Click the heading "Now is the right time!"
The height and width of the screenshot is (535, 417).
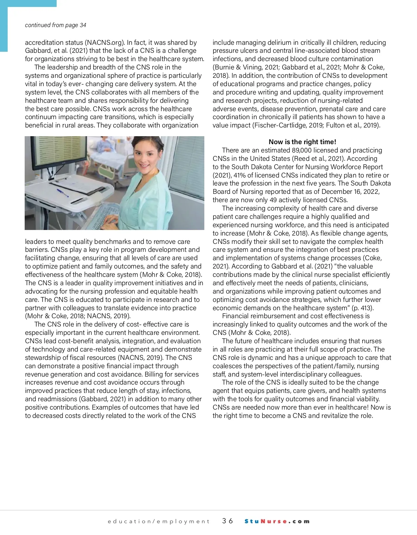click(302, 142)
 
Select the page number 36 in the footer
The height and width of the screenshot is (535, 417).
click(228, 521)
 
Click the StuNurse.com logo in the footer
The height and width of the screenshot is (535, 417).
click(277, 521)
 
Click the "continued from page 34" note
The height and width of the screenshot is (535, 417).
click(56, 25)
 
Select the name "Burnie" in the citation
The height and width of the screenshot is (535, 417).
click(224, 67)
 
